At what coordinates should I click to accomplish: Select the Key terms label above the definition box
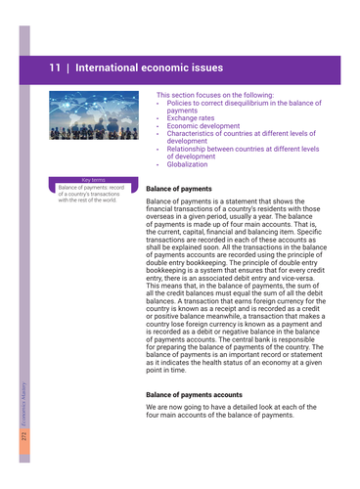(x=93, y=180)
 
